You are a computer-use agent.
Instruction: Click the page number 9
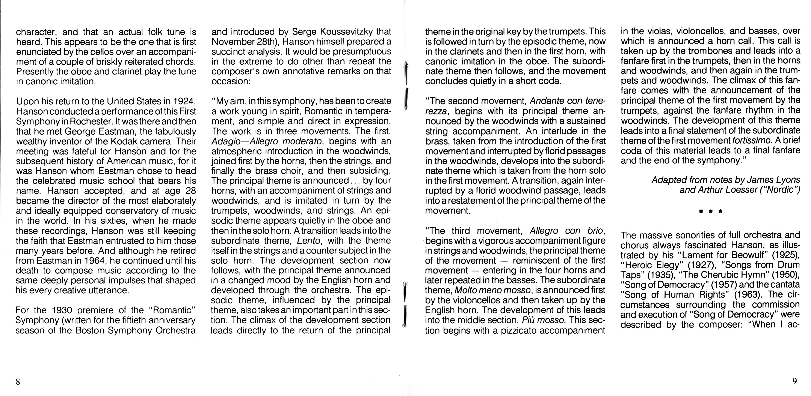(x=794, y=381)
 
